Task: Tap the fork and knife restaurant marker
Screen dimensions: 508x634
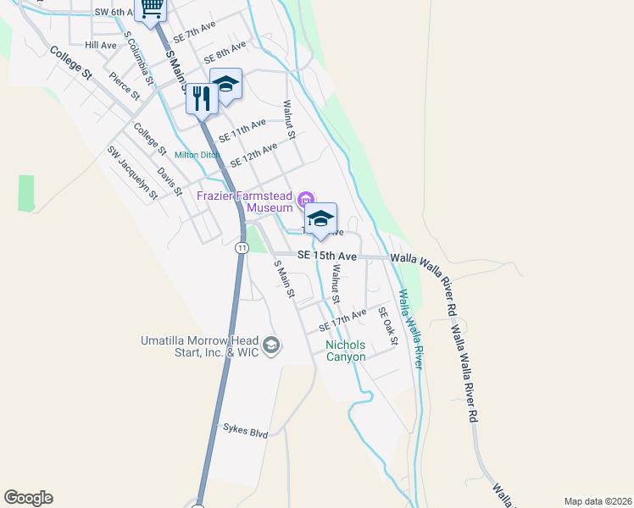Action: [201, 97]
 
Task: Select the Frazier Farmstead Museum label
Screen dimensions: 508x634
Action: [245, 201]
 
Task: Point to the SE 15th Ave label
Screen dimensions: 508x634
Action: [327, 255]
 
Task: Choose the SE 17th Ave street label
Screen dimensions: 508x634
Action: [342, 320]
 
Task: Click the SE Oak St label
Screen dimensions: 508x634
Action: [388, 325]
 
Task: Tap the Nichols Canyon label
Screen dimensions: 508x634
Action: [346, 351]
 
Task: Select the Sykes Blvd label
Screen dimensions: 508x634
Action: [246, 432]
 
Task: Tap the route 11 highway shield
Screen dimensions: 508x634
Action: [242, 248]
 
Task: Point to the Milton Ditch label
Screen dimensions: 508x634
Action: [197, 155]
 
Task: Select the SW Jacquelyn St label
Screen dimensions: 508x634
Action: [132, 173]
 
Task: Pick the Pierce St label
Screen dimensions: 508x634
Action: [124, 86]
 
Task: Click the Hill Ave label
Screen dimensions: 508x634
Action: [101, 45]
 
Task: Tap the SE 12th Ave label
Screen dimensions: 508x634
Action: [253, 155]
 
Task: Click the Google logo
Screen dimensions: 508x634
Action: [28, 498]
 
